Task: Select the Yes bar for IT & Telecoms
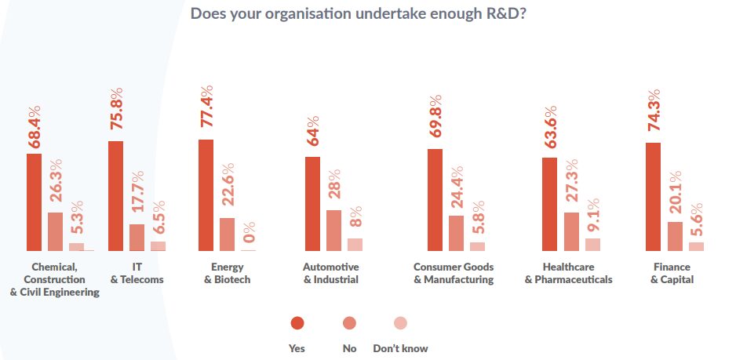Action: pyautogui.click(x=115, y=195)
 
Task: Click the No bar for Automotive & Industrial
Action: pyautogui.click(x=333, y=230)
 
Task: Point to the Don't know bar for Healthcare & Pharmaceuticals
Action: pyautogui.click(x=570, y=244)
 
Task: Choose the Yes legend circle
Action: pyautogui.click(x=297, y=323)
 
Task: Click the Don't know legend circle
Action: pyautogui.click(x=400, y=323)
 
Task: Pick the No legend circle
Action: pyautogui.click(x=349, y=323)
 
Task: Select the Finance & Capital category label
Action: pyautogui.click(x=672, y=274)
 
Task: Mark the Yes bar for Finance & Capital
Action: pyautogui.click(x=653, y=196)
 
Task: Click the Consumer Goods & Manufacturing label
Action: pyautogui.click(x=454, y=274)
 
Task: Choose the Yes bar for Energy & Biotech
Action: pyautogui.click(x=206, y=195)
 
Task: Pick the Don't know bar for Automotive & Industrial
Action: pyautogui.click(x=355, y=244)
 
